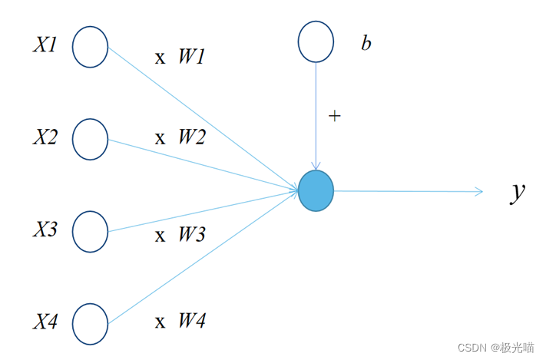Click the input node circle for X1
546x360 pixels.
(x=91, y=48)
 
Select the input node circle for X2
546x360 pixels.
(x=91, y=139)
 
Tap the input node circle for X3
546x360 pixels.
(x=91, y=230)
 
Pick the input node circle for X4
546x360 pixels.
(x=91, y=324)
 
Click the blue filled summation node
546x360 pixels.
(x=316, y=191)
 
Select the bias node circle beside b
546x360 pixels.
(x=316, y=41)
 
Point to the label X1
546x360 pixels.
(x=45, y=45)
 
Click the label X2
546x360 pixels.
(x=45, y=137)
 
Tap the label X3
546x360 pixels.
(x=45, y=230)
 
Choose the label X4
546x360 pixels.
(x=45, y=322)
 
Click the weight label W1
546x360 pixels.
(x=192, y=57)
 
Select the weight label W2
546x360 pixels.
(x=192, y=138)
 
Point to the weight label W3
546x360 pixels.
(x=192, y=234)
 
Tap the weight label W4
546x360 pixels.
(x=192, y=321)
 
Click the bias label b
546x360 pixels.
(x=366, y=43)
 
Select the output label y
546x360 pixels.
(x=518, y=192)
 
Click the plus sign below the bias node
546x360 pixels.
(x=334, y=116)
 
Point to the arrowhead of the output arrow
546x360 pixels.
(x=479, y=191)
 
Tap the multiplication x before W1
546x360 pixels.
(x=160, y=58)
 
